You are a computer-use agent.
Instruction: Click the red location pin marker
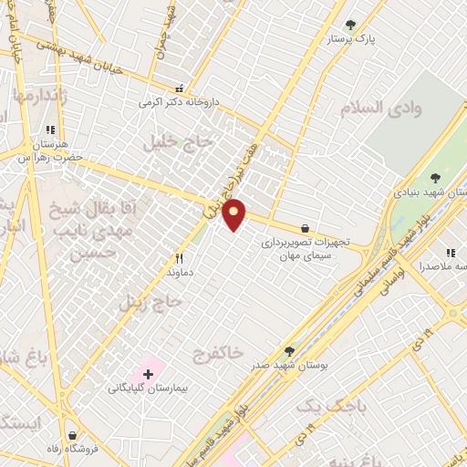234,214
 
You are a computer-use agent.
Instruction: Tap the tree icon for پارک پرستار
351,25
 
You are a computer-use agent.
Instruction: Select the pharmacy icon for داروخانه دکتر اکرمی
180,89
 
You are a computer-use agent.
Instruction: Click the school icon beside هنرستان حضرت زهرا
49,130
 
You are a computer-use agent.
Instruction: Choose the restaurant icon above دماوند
179,258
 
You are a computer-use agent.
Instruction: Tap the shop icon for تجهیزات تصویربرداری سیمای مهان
304,228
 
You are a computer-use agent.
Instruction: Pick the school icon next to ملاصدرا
450,253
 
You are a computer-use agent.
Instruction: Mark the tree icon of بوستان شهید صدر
289,351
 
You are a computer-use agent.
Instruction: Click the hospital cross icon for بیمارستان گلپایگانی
148,374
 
